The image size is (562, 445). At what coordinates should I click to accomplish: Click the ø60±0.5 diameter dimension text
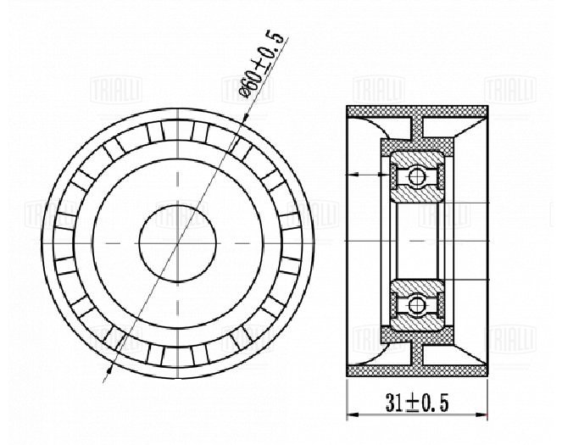[263, 65]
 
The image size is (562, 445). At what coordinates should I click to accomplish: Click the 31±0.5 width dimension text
[417, 403]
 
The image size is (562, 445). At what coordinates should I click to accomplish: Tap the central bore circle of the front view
[178, 243]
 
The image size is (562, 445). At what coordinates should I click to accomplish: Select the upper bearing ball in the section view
[416, 176]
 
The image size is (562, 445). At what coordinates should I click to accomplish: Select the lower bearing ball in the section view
[416, 305]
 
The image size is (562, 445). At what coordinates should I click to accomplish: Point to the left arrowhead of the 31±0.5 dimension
[353, 414]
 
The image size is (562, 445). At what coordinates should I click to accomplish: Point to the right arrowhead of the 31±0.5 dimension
[481, 414]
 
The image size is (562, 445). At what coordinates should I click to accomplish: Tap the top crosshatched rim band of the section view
[417, 111]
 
